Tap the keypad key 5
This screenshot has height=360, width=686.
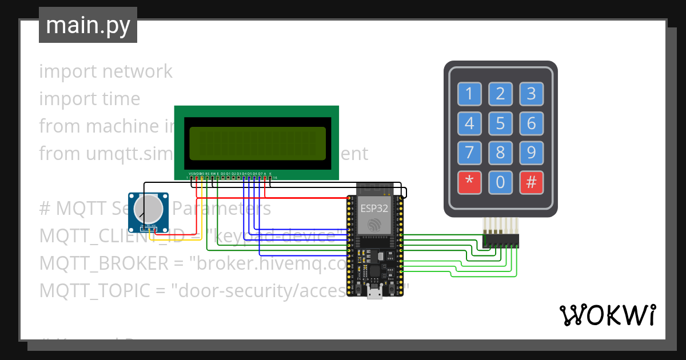tap(500, 123)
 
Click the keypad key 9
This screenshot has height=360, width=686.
tap(531, 153)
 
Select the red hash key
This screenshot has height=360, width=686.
tap(531, 183)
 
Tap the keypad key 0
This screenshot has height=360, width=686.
tap(500, 183)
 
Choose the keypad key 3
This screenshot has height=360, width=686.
tap(531, 94)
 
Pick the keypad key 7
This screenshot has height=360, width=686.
tap(469, 153)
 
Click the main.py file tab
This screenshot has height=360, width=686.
tap(88, 25)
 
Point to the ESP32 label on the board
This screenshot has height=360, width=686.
tap(374, 207)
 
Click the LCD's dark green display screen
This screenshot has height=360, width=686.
tap(257, 143)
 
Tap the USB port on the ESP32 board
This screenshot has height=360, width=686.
tap(374, 294)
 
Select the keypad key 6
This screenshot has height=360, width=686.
tap(531, 123)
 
